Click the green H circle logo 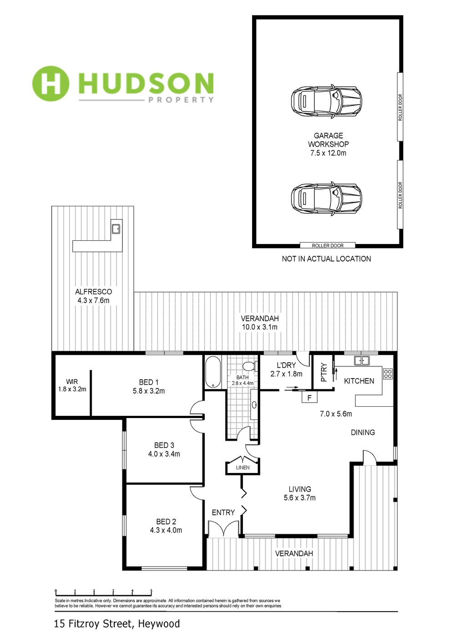pos(51,84)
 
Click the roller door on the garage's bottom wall pos(328,245)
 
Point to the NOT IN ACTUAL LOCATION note pos(326,259)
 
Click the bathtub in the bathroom pos(213,372)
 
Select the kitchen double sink pos(362,360)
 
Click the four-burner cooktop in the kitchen pos(388,373)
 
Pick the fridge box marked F pos(309,398)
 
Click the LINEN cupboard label pos(243,468)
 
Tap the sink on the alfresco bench pos(116,229)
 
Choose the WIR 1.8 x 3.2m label pos(72,385)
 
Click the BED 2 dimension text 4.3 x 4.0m pos(166,530)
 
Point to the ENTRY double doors pos(223,528)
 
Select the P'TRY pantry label pos(323,373)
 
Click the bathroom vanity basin pos(254,404)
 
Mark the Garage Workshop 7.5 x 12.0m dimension pos(328,153)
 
